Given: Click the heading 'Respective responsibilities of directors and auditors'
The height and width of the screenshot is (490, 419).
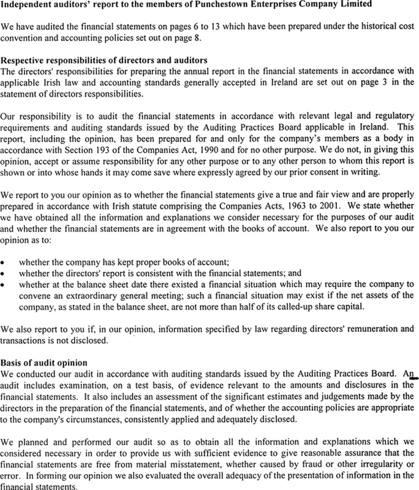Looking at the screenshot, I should pos(104,61).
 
